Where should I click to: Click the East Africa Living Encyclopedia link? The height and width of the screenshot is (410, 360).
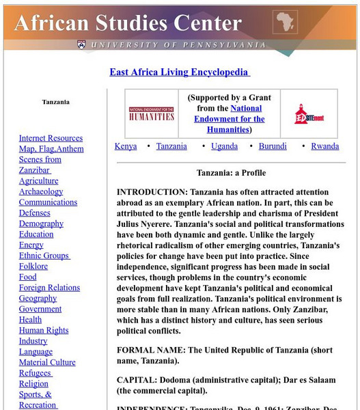[x=179, y=72]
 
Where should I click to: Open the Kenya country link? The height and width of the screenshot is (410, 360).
[x=126, y=146]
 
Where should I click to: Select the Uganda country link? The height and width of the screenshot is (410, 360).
[x=224, y=146]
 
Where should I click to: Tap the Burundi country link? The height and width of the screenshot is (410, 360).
[x=273, y=146]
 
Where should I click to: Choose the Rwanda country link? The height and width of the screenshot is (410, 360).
[x=324, y=146]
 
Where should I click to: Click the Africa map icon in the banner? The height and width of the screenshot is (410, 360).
[x=285, y=23]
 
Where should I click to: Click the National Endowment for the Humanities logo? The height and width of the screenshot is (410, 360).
[x=152, y=113]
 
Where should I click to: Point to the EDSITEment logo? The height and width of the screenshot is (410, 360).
[x=309, y=113]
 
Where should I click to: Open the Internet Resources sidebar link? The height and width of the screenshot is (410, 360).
[x=51, y=139]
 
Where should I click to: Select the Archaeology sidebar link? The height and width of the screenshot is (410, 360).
[x=41, y=192]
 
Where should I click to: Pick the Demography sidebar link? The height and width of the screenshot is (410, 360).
[x=41, y=223]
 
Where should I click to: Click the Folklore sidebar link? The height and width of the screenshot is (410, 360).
[x=33, y=266]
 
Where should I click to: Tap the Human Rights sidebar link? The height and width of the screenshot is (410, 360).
[x=44, y=330]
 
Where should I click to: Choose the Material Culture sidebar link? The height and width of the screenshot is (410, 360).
[x=47, y=362]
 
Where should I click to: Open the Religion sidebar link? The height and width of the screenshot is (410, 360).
[x=33, y=383]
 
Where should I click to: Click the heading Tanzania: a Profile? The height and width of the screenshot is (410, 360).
[x=231, y=173]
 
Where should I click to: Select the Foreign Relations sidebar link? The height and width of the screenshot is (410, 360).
[x=49, y=288]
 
